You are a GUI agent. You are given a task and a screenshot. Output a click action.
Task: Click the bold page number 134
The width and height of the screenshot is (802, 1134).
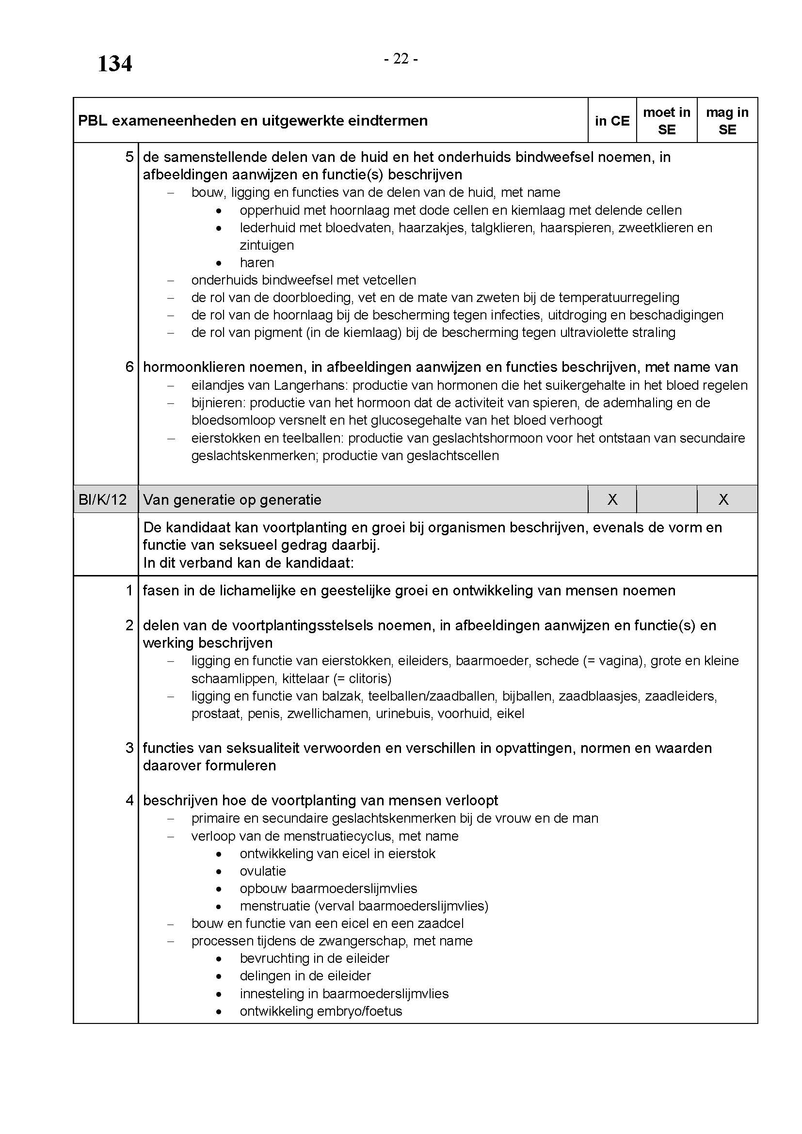coord(114,64)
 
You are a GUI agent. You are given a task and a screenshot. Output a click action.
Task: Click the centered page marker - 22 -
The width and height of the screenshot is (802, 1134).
coord(401,59)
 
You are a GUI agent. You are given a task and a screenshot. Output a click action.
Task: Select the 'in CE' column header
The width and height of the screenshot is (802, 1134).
coord(612,121)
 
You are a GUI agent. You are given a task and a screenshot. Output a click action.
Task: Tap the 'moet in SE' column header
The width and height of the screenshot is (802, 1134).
coord(666,121)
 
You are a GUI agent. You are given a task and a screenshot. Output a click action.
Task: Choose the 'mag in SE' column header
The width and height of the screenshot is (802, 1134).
coord(727,121)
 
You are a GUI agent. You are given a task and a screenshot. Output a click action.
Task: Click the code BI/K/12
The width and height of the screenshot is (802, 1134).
coord(102,500)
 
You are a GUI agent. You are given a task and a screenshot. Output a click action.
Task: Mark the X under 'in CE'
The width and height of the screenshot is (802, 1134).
coord(612,500)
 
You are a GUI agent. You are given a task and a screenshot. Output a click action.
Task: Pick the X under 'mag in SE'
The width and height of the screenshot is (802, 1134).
coord(723,500)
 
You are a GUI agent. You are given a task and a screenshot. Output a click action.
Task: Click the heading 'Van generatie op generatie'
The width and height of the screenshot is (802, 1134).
coord(232,500)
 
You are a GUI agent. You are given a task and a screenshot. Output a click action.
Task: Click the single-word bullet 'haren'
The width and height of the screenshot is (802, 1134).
coord(257,263)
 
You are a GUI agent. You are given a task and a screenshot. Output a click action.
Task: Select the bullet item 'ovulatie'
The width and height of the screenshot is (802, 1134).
coord(263,871)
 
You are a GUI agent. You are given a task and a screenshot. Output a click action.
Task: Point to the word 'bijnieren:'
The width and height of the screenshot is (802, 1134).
coord(218,403)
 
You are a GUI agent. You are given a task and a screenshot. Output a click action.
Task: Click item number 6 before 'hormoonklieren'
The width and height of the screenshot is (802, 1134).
coord(129,367)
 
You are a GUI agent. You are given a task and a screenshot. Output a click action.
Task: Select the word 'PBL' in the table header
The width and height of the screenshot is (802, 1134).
coord(92,121)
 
